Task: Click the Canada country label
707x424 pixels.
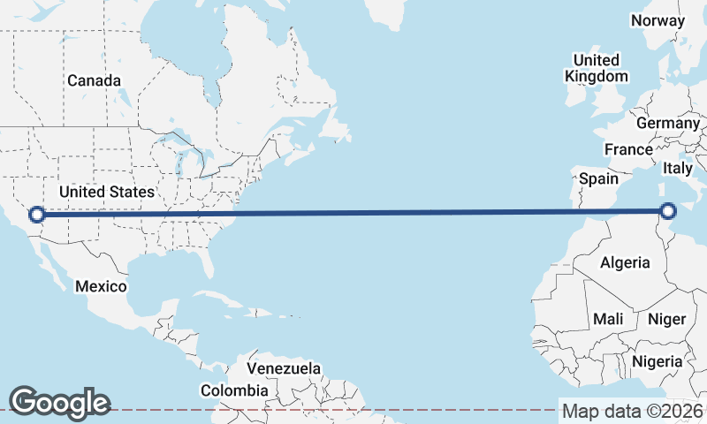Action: tap(94, 80)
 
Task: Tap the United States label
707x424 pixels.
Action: tap(107, 192)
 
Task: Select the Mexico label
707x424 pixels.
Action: tap(101, 287)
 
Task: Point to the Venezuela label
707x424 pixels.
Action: tap(284, 368)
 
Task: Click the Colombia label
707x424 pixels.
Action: tap(234, 390)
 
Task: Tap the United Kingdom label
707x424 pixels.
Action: tap(597, 68)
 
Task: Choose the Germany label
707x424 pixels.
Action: tap(667, 123)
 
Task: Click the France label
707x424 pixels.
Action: tap(628, 150)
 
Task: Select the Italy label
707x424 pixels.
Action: tap(678, 168)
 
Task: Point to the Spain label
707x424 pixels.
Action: tap(598, 178)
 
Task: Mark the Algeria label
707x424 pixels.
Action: tap(625, 262)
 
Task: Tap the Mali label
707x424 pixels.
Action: tap(608, 319)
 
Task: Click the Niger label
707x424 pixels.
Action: tap(667, 319)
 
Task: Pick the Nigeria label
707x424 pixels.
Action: tap(657, 361)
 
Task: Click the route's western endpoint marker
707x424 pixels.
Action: tap(37, 214)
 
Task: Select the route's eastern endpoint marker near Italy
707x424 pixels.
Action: tap(668, 210)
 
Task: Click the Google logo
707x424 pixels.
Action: tap(59, 402)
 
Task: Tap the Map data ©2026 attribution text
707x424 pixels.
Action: tap(633, 411)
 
